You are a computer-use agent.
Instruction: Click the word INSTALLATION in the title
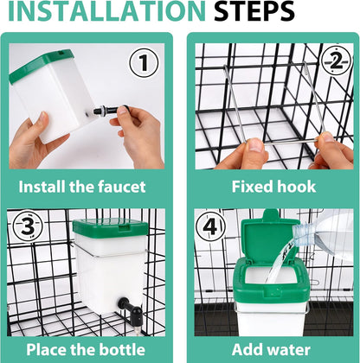coord(106,10)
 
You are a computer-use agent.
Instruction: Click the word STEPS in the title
coord(254,10)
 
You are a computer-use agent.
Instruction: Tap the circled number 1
coord(144,63)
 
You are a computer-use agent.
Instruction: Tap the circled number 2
coord(336,61)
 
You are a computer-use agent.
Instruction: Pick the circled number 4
coord(210,226)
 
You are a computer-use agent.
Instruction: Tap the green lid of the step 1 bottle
coord(42,65)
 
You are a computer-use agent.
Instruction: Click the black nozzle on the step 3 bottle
coord(131,309)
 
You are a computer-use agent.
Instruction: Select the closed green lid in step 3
coord(110,227)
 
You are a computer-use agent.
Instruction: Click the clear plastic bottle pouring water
coord(324,233)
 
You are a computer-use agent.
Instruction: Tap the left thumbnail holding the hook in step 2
coord(255,145)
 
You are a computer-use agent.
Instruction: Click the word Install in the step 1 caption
coord(42,187)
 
